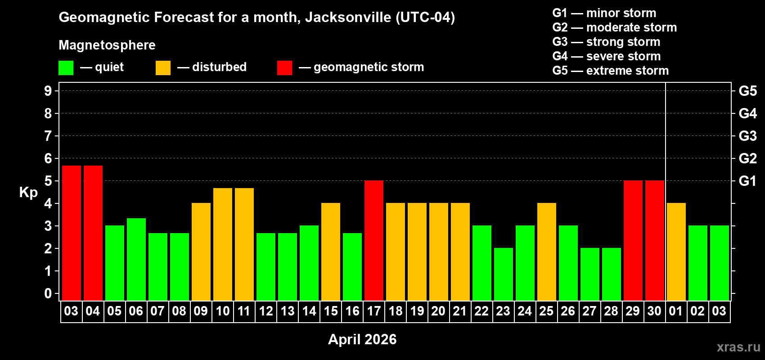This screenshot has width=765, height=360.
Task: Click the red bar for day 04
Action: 93,233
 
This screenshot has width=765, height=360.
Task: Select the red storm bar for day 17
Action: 374,240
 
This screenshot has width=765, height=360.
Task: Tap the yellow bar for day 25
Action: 547,252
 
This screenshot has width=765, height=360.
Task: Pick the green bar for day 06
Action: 136,259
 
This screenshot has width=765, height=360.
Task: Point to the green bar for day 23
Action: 504,274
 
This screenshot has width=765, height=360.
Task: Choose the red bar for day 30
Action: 655,240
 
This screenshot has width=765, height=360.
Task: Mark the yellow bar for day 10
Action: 223,244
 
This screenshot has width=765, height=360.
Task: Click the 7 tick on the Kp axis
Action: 48,136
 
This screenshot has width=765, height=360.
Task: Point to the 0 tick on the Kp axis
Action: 48,294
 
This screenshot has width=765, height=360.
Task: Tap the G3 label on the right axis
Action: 747,136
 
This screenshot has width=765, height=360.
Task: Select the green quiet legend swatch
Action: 66,68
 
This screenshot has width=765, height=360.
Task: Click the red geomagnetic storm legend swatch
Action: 284,68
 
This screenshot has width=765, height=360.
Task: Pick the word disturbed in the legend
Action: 219,67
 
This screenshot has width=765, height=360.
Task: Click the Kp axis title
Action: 28,192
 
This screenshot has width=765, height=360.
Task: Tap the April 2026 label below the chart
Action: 362,339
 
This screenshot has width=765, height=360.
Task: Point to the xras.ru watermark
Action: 738,347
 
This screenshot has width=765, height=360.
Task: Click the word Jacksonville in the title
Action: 348,17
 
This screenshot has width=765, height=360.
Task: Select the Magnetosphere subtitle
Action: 107,45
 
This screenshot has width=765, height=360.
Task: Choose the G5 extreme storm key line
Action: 610,71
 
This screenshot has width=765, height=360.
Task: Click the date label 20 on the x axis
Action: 438,311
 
